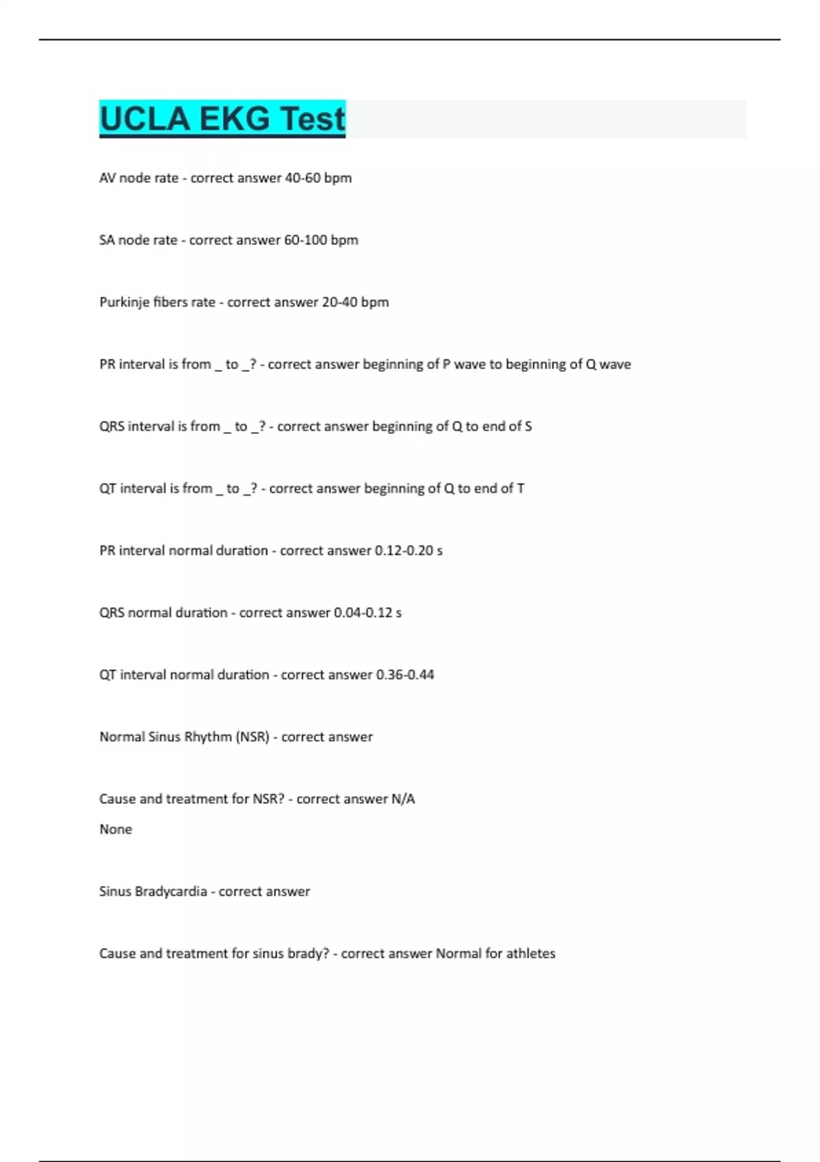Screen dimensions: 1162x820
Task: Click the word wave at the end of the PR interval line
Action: [x=615, y=364]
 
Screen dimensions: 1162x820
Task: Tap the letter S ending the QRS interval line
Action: [x=528, y=427]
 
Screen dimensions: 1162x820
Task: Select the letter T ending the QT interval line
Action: [x=521, y=489]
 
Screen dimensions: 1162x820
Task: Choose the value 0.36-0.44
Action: [x=405, y=675]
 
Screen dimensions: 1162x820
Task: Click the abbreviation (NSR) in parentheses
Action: [x=252, y=737]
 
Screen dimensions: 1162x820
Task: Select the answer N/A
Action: [x=403, y=799]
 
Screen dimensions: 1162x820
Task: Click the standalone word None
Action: [x=115, y=829]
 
